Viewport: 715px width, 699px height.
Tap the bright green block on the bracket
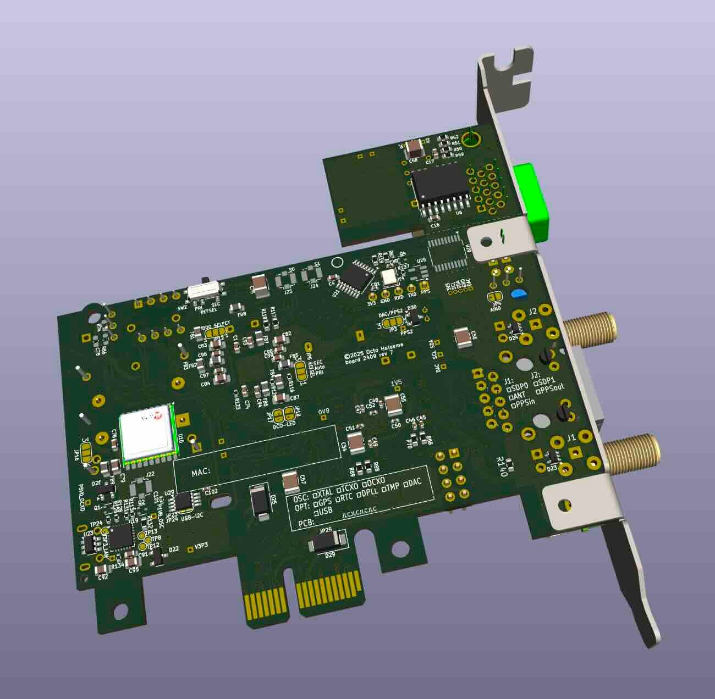click(x=530, y=201)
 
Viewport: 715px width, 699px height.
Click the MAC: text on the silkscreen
click(x=201, y=473)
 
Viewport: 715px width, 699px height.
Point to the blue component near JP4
click(x=518, y=293)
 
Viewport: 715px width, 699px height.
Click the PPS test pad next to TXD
click(x=424, y=286)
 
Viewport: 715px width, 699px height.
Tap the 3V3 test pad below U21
click(x=372, y=297)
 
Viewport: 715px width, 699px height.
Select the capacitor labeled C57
click(x=291, y=482)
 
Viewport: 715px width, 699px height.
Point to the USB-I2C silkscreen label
click(x=193, y=515)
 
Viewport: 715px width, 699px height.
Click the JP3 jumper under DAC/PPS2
click(x=392, y=324)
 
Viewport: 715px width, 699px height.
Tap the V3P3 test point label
click(x=201, y=546)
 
